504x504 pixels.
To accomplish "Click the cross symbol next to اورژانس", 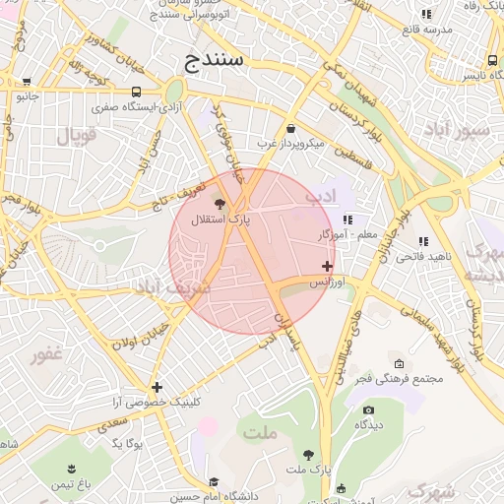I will (x=327, y=267).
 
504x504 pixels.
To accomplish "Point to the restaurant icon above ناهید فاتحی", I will (x=423, y=241).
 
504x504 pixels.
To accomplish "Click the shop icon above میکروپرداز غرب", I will (x=290, y=128).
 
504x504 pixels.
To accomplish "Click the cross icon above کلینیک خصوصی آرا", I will (x=157, y=387).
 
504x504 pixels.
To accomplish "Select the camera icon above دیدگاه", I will (x=368, y=409).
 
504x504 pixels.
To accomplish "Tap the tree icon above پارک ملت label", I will (x=309, y=454).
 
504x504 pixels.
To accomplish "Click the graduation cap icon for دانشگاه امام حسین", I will (x=213, y=482).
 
